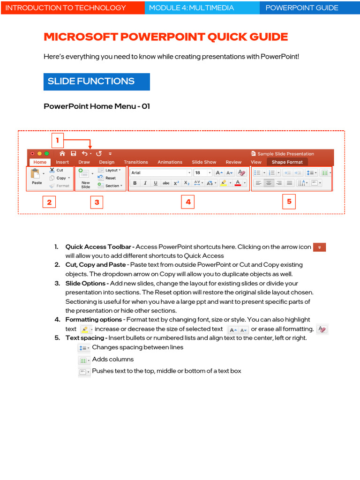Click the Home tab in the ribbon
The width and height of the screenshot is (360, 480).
[40, 162]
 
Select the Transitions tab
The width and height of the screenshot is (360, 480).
[136, 162]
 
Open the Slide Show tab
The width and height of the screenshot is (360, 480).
[204, 162]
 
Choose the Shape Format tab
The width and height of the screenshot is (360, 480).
[287, 162]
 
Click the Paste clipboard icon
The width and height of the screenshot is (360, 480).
[36, 174]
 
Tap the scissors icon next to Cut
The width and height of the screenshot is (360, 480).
[52, 171]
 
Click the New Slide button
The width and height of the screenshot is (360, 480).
[85, 178]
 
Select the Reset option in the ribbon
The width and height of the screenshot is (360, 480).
[110, 178]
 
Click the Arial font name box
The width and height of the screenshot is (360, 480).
[160, 172]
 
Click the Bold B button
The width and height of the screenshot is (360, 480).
[135, 183]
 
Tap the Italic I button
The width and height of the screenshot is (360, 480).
[145, 183]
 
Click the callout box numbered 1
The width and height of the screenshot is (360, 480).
[57, 140]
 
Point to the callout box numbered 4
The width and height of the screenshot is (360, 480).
[188, 202]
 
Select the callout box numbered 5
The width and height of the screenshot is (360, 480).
[289, 202]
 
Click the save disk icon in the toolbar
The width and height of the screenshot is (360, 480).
[74, 153]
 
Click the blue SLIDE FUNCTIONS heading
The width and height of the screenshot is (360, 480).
[97, 82]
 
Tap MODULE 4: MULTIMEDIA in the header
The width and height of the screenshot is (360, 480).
[202, 7]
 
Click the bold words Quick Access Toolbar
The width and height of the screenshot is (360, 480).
[99, 247]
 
